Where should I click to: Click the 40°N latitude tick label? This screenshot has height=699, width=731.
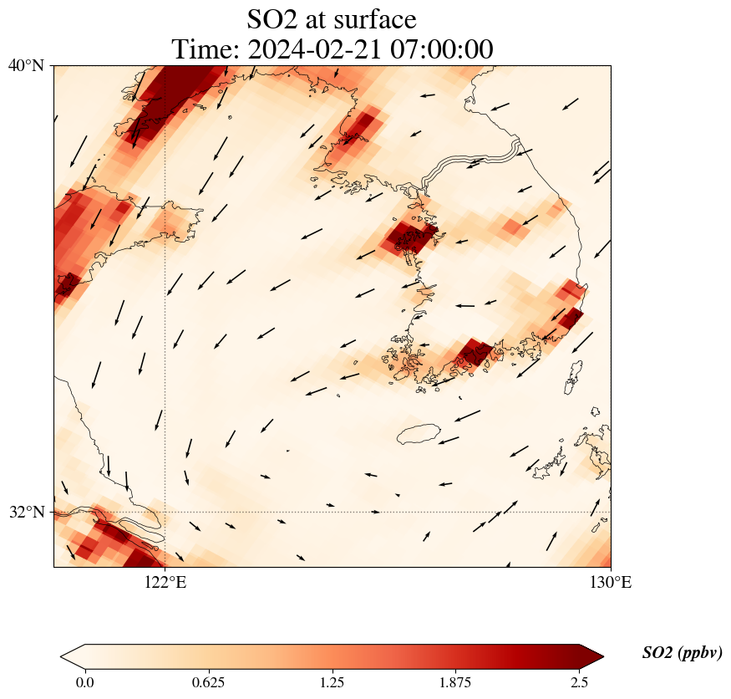point(26,65)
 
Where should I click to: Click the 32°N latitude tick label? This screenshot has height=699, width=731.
point(26,512)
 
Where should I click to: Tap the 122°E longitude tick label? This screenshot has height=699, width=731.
point(165,583)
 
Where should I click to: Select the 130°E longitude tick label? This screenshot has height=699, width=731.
point(611,583)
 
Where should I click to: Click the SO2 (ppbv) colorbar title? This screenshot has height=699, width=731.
point(682,653)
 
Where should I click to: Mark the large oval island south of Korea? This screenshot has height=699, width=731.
point(419,434)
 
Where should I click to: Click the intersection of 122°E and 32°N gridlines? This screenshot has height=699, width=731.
point(165,512)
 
